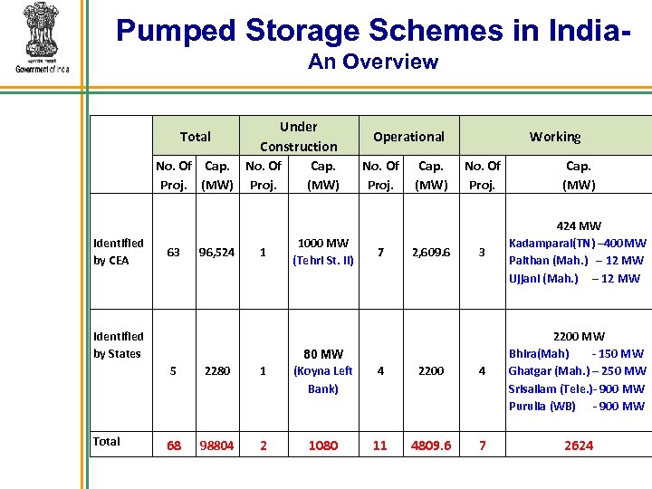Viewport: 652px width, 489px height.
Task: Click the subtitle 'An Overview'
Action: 372,62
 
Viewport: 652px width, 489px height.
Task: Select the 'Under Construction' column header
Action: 298,137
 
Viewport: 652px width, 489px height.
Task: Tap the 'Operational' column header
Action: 408,137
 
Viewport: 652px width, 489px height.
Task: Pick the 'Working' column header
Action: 555,137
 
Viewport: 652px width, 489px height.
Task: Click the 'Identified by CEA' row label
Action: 118,252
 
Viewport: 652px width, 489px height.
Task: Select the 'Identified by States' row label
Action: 118,345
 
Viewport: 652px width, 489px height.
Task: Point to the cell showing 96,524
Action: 217,253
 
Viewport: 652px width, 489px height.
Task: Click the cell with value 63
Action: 173,253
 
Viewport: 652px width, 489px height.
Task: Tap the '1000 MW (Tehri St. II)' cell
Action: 323,253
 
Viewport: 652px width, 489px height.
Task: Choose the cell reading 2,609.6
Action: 431,253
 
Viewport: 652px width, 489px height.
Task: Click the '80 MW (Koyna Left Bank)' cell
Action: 323,371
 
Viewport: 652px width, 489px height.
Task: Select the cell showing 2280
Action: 217,371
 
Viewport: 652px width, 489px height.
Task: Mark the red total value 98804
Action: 217,446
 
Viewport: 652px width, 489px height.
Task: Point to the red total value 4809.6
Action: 431,446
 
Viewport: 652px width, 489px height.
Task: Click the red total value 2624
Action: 578,446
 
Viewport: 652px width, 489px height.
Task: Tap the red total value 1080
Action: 323,446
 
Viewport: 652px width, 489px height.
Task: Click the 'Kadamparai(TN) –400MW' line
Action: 577,244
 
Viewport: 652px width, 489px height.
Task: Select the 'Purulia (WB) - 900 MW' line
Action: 577,406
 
